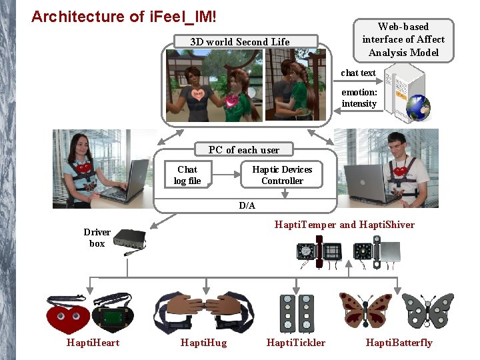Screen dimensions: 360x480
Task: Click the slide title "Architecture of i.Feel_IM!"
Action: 123,16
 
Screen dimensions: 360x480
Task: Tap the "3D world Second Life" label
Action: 240,41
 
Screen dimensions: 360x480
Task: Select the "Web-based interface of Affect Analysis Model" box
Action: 403,39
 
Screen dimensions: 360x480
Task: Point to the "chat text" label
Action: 359,73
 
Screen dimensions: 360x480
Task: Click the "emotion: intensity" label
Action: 359,98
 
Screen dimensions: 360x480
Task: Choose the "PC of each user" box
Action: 244,150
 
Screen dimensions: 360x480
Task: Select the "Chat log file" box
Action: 187,175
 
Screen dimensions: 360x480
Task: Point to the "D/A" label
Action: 247,205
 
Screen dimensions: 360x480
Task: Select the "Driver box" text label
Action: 97,238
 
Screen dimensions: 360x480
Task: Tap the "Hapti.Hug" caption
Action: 203,343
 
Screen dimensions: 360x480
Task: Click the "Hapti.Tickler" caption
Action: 296,343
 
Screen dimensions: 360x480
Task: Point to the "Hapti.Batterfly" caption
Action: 399,343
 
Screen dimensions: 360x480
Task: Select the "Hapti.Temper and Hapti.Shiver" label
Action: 344,225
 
